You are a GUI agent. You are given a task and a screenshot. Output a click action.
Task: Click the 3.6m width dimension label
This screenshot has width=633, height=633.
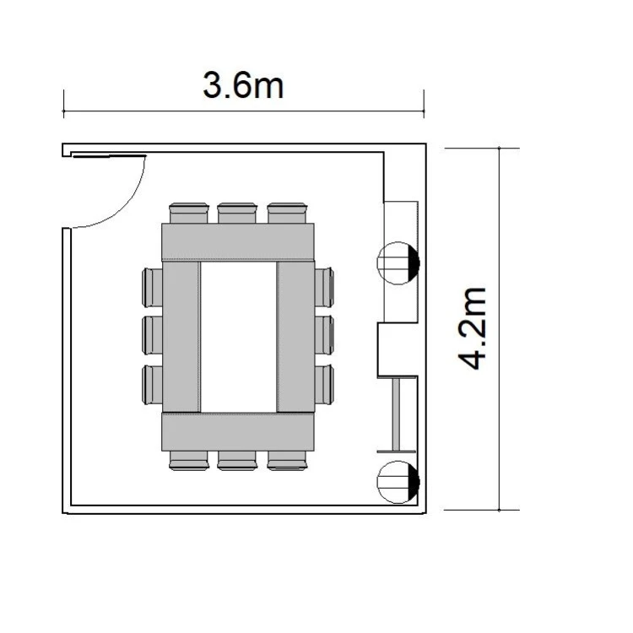(x=243, y=85)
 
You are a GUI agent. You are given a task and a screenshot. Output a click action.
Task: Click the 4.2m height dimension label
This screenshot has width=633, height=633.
(x=473, y=328)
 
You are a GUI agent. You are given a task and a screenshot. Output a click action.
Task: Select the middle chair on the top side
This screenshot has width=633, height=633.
(x=237, y=213)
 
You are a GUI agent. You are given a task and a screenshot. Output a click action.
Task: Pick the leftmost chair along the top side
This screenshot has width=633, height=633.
(x=189, y=213)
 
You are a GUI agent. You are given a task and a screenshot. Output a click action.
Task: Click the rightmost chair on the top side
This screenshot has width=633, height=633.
(x=287, y=213)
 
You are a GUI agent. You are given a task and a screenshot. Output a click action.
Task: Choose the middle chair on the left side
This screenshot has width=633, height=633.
(x=152, y=335)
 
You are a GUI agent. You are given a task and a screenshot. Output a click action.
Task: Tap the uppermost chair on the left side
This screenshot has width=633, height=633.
(x=152, y=287)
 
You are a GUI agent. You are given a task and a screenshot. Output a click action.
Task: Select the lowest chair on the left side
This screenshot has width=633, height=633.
(x=152, y=385)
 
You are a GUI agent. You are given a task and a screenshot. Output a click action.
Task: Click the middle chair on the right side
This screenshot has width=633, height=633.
(x=324, y=335)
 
